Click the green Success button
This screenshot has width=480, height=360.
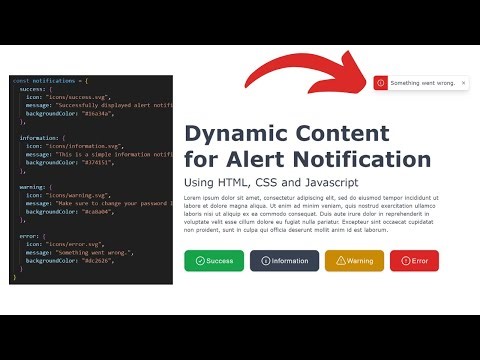tap(214, 261)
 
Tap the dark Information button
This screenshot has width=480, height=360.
tap(284, 261)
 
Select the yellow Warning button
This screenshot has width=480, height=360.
tap(354, 261)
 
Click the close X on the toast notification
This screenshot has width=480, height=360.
tap(463, 83)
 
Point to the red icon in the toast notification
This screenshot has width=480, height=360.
tap(380, 83)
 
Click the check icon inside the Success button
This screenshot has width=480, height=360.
tap(200, 261)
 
